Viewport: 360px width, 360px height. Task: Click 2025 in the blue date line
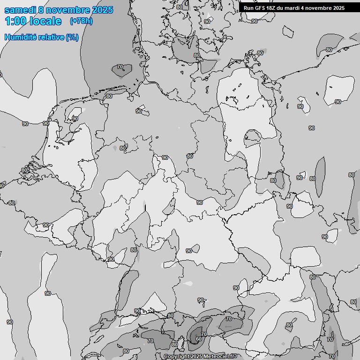102,10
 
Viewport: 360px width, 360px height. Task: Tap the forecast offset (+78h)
81,21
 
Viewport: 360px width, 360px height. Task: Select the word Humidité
19,37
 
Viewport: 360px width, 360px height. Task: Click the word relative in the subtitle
49,37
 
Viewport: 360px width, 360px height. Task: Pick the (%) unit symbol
72,37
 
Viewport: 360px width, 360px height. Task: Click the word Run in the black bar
248,8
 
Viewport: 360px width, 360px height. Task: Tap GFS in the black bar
260,8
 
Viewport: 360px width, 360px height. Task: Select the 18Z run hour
272,8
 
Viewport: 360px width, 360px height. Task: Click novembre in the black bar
319,8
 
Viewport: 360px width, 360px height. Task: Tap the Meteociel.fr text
220,357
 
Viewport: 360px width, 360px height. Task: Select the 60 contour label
199,339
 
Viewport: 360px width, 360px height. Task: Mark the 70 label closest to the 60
204,334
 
